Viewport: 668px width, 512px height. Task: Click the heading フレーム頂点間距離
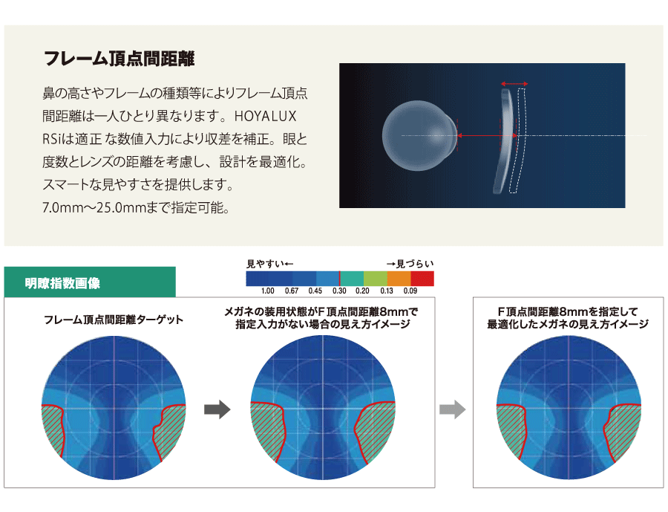click(x=119, y=59)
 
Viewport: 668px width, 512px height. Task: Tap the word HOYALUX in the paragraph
click(x=266, y=116)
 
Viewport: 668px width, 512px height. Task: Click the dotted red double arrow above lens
click(x=514, y=84)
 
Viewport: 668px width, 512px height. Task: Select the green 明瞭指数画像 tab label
click(x=62, y=283)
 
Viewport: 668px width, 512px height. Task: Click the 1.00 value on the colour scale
click(x=267, y=291)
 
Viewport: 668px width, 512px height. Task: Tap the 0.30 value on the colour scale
click(x=339, y=291)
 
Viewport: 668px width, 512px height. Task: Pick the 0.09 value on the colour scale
click(x=410, y=291)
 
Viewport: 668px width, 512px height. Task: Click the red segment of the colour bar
click(x=422, y=279)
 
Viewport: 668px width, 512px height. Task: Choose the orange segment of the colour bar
click(x=399, y=279)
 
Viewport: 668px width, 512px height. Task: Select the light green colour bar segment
click(x=376, y=279)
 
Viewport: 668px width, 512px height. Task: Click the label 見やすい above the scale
click(x=265, y=264)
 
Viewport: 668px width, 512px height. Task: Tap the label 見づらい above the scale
click(x=415, y=264)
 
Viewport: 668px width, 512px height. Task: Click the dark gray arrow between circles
click(x=217, y=409)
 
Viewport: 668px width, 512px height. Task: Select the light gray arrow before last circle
click(x=453, y=409)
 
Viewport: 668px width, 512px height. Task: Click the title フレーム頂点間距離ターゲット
click(x=114, y=320)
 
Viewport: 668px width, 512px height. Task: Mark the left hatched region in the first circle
click(x=53, y=429)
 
